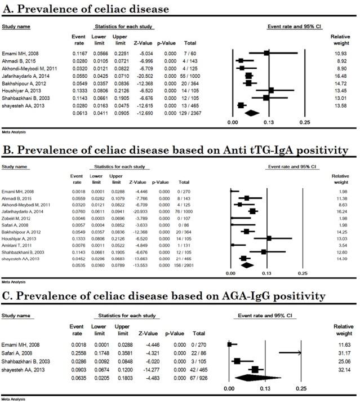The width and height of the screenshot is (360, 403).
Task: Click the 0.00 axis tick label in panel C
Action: (228, 388)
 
